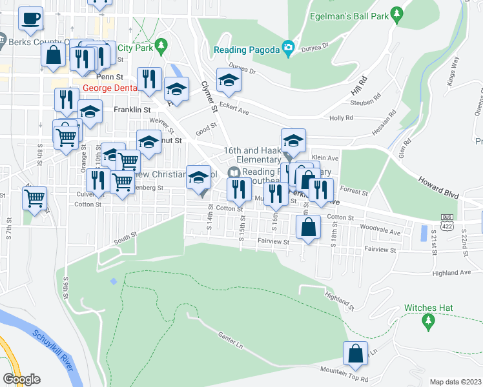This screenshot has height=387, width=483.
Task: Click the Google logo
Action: [x=21, y=379]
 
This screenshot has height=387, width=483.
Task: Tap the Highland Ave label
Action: [x=452, y=272]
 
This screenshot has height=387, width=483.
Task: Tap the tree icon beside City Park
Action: [x=162, y=46]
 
